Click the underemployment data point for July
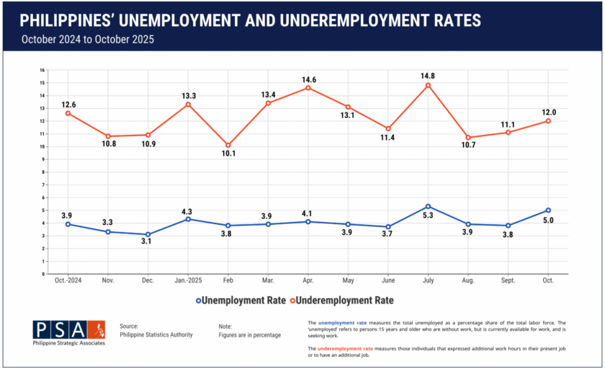[x=428, y=85]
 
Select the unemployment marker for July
[x=428, y=206]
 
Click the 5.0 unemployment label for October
[x=548, y=221]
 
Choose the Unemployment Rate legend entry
[x=231, y=299]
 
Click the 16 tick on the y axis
[x=42, y=70]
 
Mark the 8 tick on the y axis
[x=43, y=172]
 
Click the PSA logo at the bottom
[x=69, y=332]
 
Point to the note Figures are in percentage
[x=250, y=335]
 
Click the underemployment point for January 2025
[x=188, y=105]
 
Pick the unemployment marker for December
[x=148, y=234]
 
